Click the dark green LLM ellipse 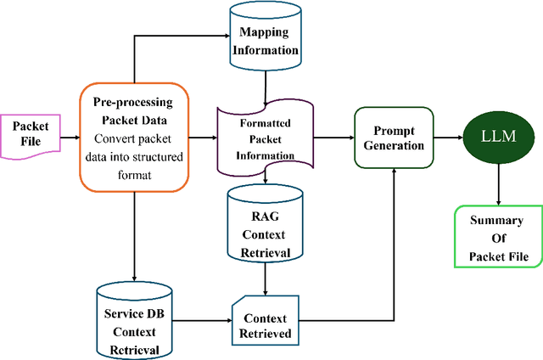coord(496,136)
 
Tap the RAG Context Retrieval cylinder coord(266,225)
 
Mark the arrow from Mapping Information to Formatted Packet coord(266,86)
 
